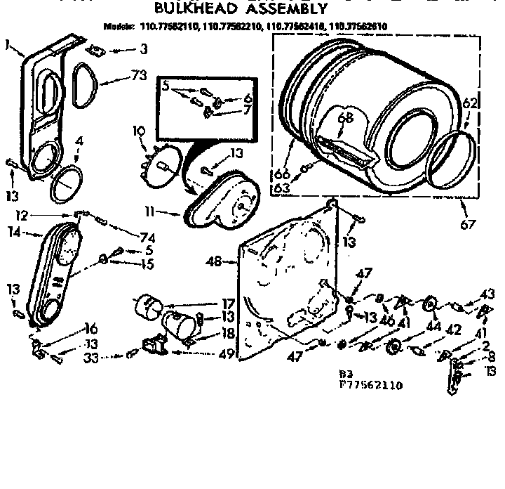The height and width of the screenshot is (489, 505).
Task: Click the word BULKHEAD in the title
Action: click(194, 9)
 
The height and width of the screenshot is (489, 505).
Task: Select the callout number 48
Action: click(214, 262)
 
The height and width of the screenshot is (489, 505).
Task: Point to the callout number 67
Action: click(468, 224)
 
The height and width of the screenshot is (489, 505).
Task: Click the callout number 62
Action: click(470, 104)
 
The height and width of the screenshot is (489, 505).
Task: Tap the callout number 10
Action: click(138, 131)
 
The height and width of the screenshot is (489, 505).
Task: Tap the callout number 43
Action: click(487, 294)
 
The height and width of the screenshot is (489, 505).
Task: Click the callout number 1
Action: click(7, 45)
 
